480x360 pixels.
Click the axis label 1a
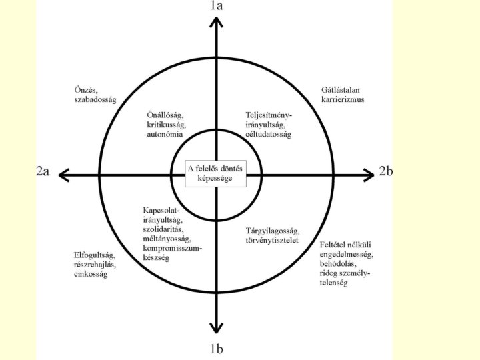pyautogui.click(x=216, y=6)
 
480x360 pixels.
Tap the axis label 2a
pyautogui.click(x=43, y=171)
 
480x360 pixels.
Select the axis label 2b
pyautogui.click(x=385, y=171)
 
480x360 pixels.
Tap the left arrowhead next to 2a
pyautogui.click(x=65, y=175)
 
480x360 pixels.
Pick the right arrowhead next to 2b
pyautogui.click(x=367, y=175)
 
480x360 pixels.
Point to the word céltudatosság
pyautogui.click(x=268, y=134)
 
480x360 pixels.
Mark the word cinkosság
pyautogui.click(x=91, y=274)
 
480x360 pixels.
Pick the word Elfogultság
pyautogui.click(x=94, y=255)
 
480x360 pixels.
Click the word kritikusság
pyautogui.click(x=167, y=125)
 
